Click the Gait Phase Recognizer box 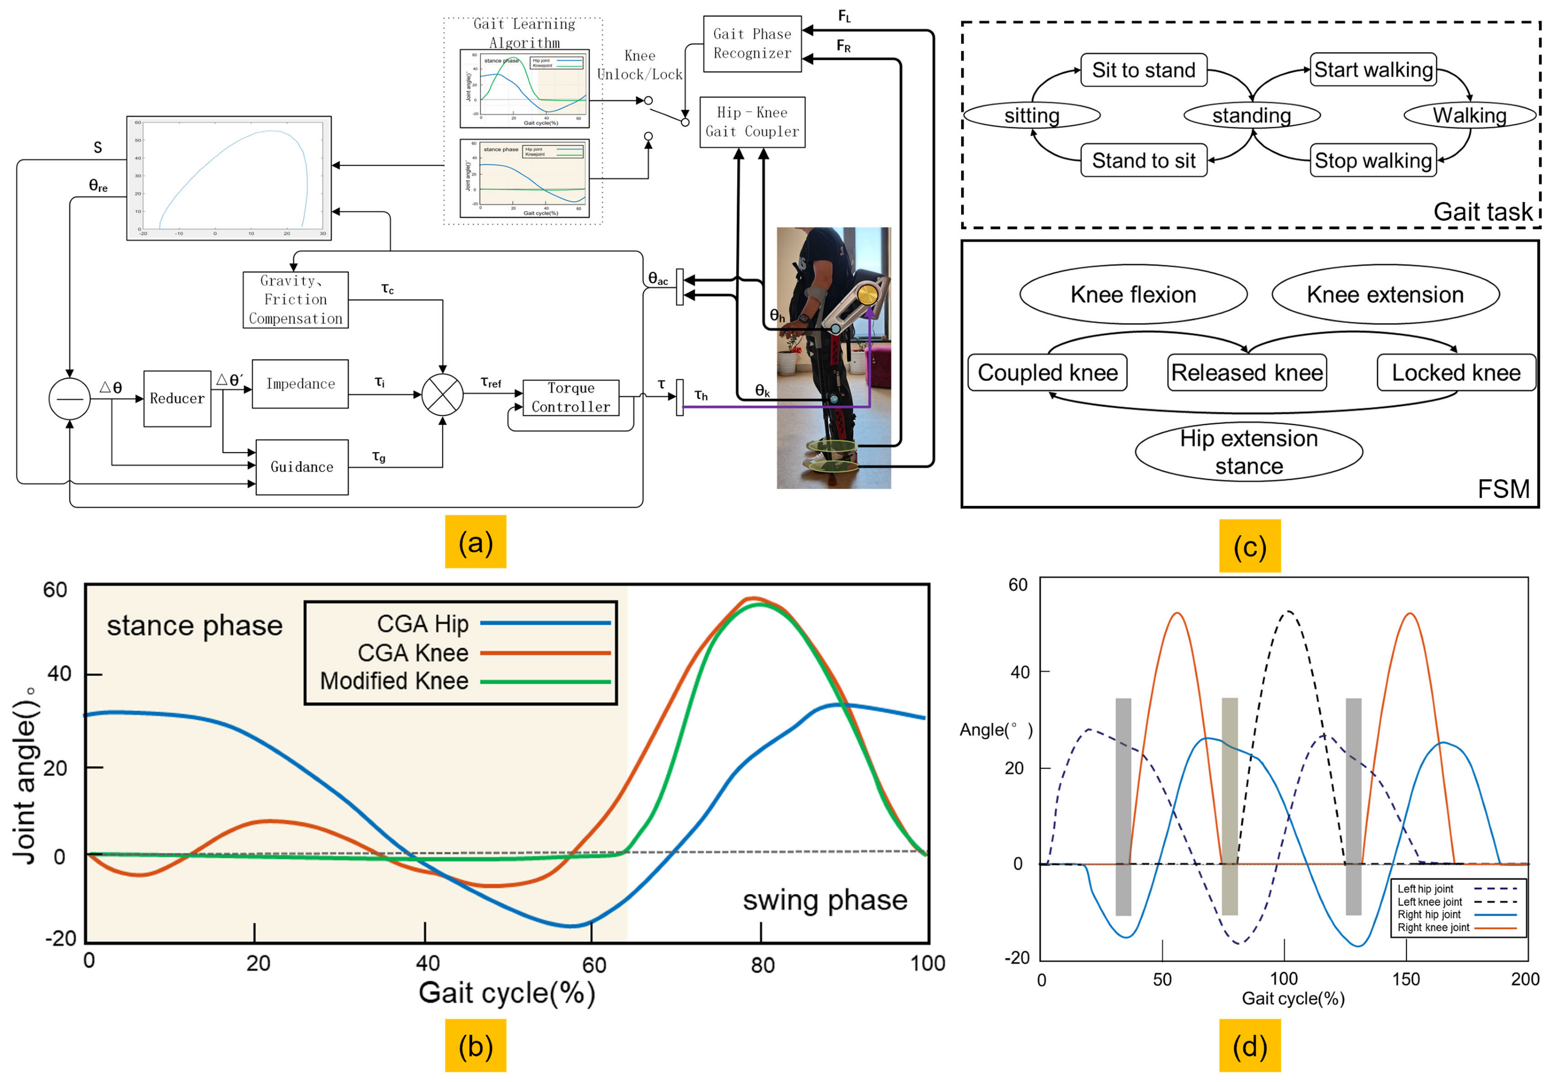(752, 44)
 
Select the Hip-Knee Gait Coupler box (752, 122)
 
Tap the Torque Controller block (570, 398)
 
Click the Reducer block (177, 399)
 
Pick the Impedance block (300, 384)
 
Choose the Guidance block (302, 467)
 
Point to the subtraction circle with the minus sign (69, 399)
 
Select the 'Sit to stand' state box (1144, 70)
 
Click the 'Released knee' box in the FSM (1247, 373)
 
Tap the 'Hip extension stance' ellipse (1249, 452)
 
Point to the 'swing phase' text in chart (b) (825, 900)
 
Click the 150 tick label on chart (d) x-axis (1406, 979)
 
